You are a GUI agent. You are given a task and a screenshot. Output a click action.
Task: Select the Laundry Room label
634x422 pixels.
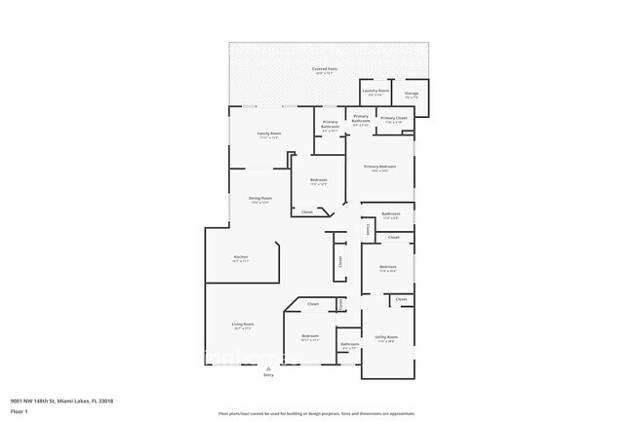tap(376, 91)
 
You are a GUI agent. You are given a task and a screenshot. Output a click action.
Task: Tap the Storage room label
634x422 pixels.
tap(412, 94)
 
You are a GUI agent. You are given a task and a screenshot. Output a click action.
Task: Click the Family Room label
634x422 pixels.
tap(269, 133)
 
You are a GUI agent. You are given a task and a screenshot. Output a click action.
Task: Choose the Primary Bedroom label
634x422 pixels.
tap(380, 167)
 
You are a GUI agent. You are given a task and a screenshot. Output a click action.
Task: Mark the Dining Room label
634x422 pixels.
tap(259, 198)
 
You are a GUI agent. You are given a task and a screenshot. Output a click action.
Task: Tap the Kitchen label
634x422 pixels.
tap(241, 257)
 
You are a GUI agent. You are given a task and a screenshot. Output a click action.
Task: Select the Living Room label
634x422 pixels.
tap(243, 324)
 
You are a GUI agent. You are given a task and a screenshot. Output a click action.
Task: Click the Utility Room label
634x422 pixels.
tap(386, 337)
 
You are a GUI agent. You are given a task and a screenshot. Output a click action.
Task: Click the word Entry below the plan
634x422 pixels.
tap(268, 375)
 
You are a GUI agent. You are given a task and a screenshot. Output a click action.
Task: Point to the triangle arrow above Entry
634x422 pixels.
tap(268, 368)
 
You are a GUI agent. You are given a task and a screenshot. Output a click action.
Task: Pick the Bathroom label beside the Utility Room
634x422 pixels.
tap(349, 344)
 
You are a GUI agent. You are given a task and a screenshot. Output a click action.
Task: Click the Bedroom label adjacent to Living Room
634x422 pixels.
tap(311, 336)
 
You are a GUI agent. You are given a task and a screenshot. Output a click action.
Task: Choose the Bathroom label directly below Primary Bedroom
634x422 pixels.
tap(391, 214)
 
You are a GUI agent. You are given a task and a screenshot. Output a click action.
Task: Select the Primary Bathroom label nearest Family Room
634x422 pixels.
tap(331, 125)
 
